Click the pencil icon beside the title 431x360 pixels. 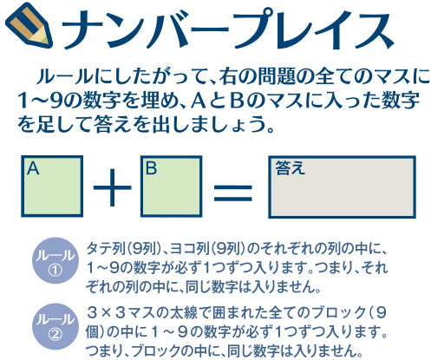point(29,25)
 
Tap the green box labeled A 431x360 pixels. point(52,187)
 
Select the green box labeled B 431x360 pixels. point(172,187)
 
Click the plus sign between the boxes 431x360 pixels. point(112,187)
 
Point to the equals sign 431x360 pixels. point(233,193)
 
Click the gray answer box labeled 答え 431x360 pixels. point(342,187)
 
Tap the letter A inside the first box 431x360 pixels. point(33,168)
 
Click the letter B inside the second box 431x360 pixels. point(152,168)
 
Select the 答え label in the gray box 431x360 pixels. point(290,167)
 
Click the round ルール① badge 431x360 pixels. point(56,260)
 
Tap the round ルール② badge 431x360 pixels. point(56,326)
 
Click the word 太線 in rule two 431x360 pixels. point(188,312)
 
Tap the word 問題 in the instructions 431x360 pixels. point(275,76)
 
